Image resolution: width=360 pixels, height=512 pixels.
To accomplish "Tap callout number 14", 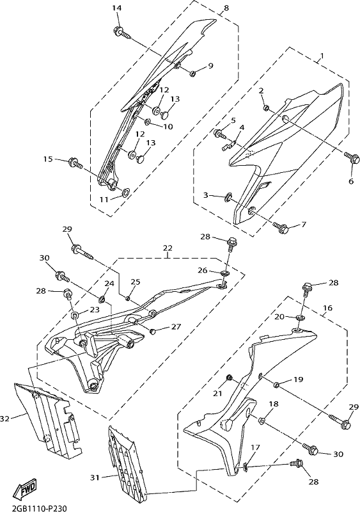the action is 116,8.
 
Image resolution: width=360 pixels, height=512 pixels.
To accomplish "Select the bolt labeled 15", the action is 76,163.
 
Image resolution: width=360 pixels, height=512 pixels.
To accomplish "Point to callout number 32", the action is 5,419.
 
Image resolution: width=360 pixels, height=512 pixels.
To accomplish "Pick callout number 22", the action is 168,248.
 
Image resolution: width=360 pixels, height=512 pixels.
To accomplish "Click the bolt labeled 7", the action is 281,227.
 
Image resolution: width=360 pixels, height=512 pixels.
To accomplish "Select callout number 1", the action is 322,56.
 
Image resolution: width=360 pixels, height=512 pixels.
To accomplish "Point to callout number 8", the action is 226,8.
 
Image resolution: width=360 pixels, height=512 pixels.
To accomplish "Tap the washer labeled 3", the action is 228,197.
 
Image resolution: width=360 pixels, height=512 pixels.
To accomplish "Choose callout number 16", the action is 328,308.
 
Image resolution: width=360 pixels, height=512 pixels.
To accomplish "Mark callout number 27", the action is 176,326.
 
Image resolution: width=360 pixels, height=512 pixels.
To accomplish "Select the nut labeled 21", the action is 230,378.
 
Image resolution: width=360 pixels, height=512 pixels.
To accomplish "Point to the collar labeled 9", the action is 193,74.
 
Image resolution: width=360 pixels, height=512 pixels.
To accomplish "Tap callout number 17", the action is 255,447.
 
